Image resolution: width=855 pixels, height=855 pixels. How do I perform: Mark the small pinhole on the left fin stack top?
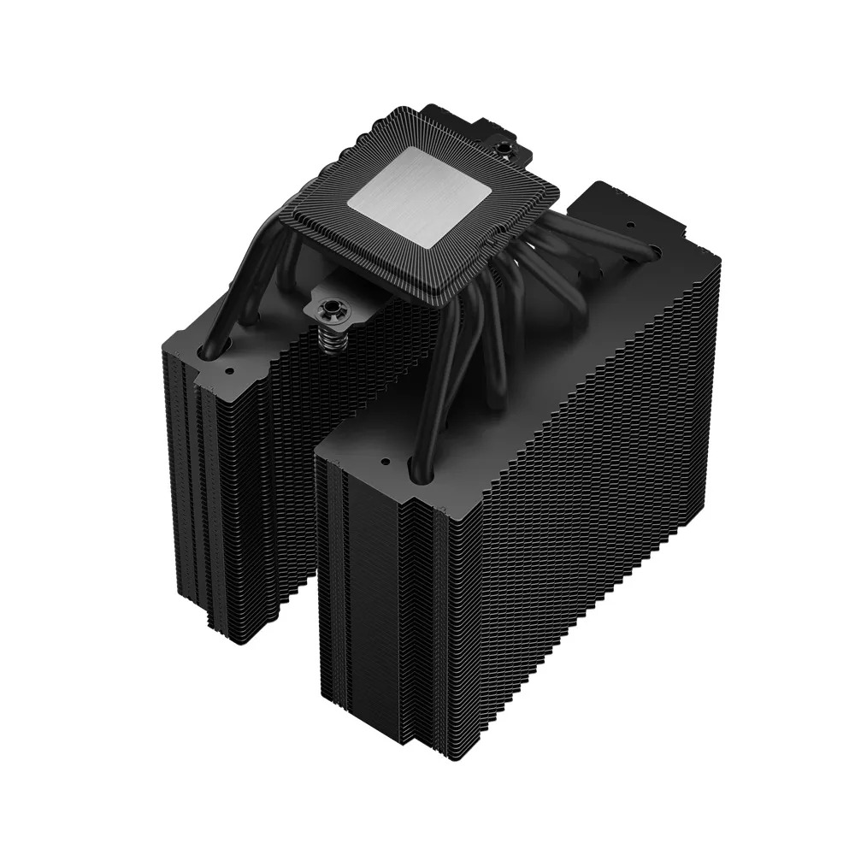pos(228,373)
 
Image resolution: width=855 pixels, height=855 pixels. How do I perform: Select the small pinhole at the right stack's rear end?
pos(655,249)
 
